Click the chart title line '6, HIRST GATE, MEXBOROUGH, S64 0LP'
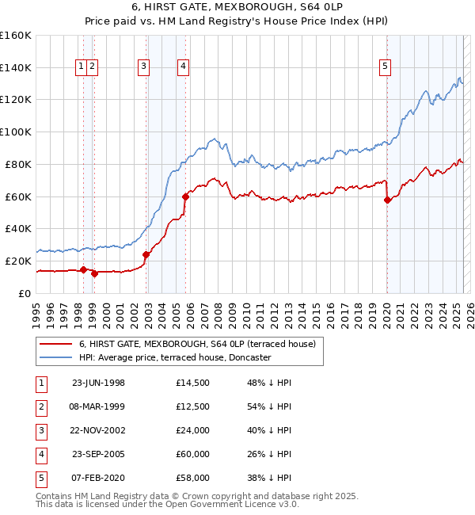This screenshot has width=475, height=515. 237,8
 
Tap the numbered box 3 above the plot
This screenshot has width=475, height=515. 143,67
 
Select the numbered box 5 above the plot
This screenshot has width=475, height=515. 385,67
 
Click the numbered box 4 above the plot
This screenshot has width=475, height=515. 183,67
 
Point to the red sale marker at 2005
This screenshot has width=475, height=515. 185,196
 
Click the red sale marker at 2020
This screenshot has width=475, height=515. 387,200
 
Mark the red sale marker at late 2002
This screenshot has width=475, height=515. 146,254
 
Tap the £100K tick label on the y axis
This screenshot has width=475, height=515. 16,132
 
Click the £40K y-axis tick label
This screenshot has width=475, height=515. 18,228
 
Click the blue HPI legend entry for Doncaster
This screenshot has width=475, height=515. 175,357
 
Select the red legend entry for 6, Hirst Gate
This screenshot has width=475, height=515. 197,344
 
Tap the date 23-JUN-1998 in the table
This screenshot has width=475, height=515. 98,383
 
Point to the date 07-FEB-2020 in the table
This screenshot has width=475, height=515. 98,478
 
